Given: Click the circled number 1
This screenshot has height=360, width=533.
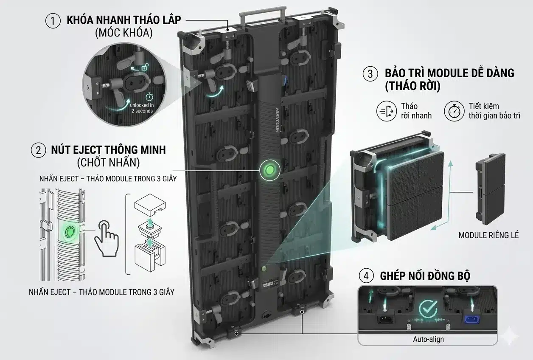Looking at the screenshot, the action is (x=53, y=21).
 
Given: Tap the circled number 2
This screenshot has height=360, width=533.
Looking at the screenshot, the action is (x=38, y=150).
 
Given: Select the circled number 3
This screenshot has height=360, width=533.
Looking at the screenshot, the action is (x=370, y=74).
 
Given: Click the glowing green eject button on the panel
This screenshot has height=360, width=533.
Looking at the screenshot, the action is (x=269, y=170).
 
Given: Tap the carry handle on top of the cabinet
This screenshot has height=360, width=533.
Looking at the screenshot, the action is (x=262, y=15).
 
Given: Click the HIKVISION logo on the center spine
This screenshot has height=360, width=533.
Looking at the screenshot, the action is (x=278, y=120).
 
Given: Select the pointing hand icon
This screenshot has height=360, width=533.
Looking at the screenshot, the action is (x=107, y=239).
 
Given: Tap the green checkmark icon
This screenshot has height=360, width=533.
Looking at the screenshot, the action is (x=428, y=308).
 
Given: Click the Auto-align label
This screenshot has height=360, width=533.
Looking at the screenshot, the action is (x=428, y=339).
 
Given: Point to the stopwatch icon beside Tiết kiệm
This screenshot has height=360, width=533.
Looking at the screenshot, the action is (x=454, y=111).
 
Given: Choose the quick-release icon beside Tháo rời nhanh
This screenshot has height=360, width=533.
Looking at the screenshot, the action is (x=387, y=111).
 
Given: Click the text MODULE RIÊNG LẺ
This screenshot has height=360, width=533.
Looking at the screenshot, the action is (x=488, y=235).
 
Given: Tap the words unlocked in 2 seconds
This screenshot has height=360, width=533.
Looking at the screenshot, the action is (x=142, y=108).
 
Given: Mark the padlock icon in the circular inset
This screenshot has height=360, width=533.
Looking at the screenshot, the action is (x=145, y=67).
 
